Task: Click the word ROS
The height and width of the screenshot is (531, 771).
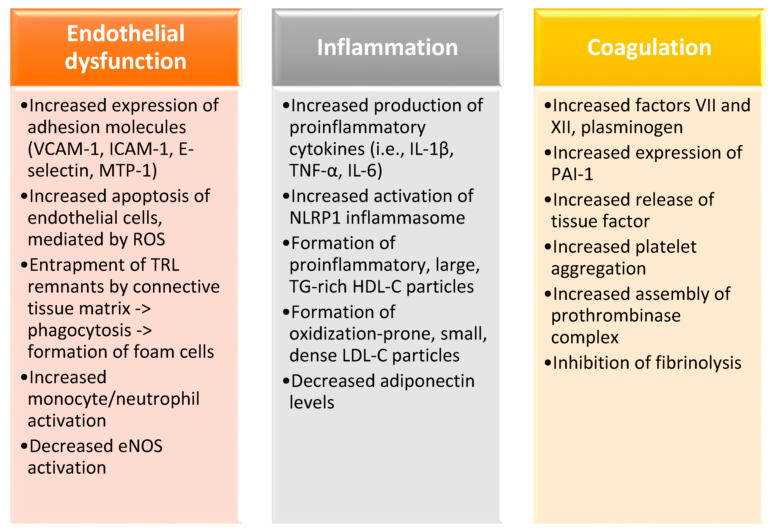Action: (149, 239)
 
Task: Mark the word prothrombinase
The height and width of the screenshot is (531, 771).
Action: (616, 316)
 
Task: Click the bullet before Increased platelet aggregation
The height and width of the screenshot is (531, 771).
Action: (547, 247)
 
